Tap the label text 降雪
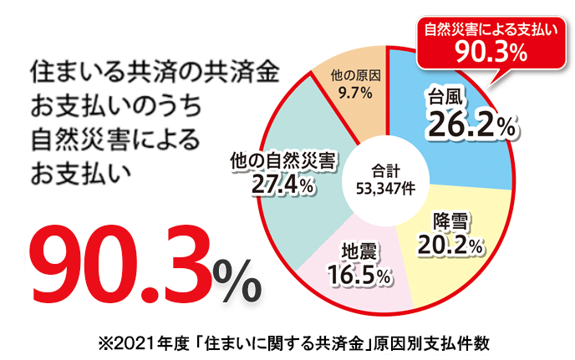pyautogui.click(x=450, y=222)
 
